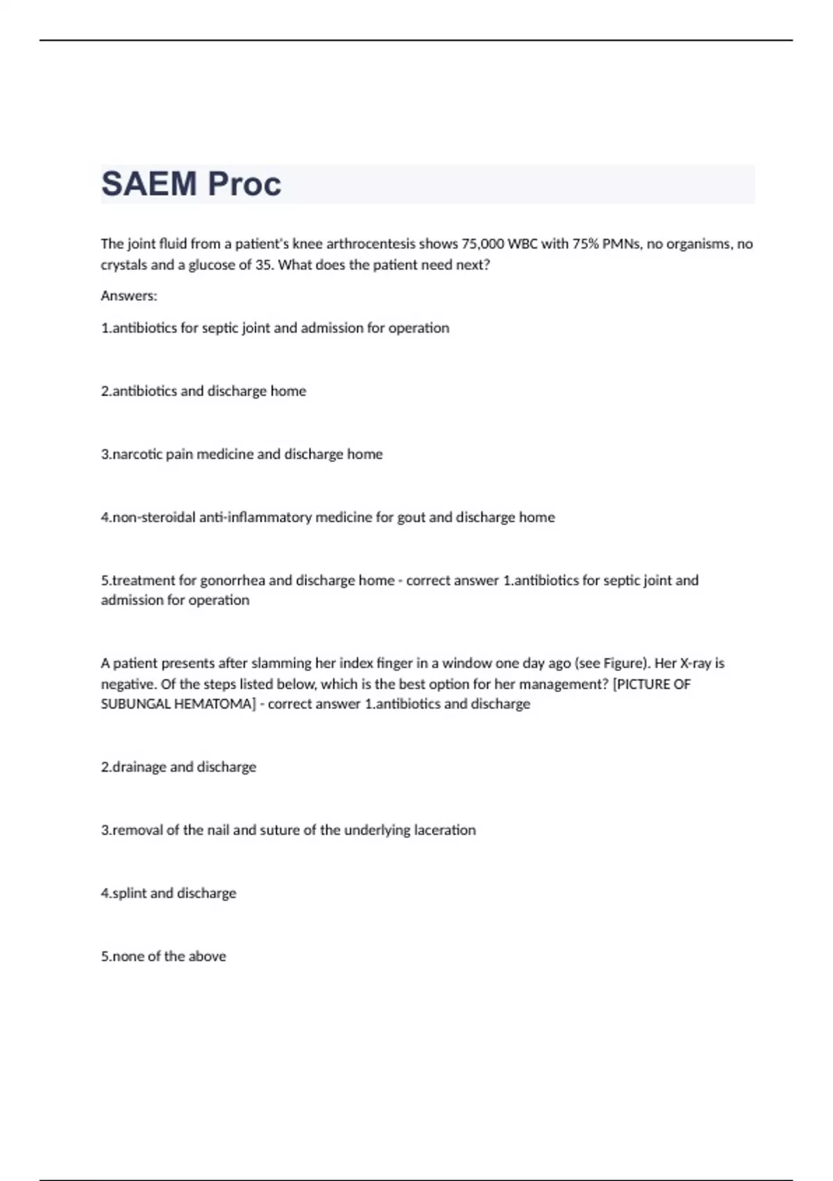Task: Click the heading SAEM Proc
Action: (x=191, y=184)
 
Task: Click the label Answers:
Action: (x=129, y=296)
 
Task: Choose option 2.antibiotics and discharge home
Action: (x=203, y=391)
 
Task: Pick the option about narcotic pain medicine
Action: (x=242, y=454)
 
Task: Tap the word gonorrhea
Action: (x=233, y=581)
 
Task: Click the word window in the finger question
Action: (x=467, y=663)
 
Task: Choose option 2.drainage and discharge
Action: (x=178, y=767)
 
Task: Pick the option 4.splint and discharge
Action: (x=169, y=893)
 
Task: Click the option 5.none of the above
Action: (x=164, y=957)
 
